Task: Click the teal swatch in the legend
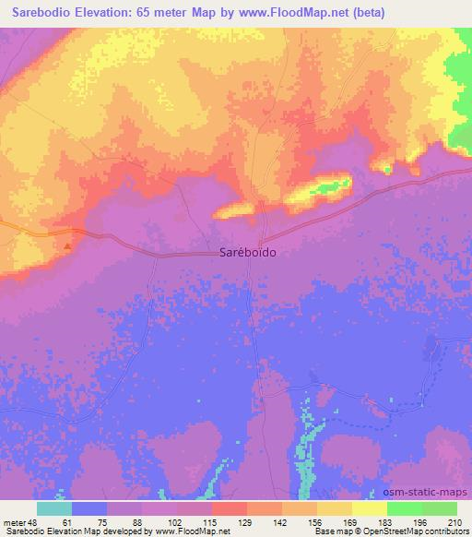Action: tap(53, 508)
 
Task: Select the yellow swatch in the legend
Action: tap(369, 508)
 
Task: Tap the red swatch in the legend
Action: tap(229, 508)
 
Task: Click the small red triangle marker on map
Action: tap(66, 246)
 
